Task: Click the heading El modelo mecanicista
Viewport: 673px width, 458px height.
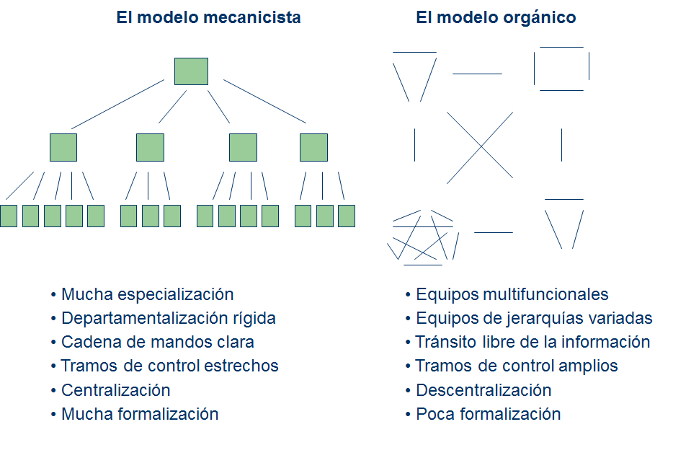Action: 208,18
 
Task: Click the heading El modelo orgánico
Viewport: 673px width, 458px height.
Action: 496,18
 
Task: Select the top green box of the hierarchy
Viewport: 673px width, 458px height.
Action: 191,71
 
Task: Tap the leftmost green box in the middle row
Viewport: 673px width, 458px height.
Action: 63,147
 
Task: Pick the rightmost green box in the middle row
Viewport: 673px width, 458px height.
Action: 313,147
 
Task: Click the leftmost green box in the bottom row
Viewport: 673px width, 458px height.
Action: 9,216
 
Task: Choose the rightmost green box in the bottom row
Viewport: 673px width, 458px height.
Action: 347,216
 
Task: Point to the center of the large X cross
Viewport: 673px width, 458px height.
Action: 480,147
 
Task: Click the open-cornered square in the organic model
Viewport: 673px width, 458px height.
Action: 561,69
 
